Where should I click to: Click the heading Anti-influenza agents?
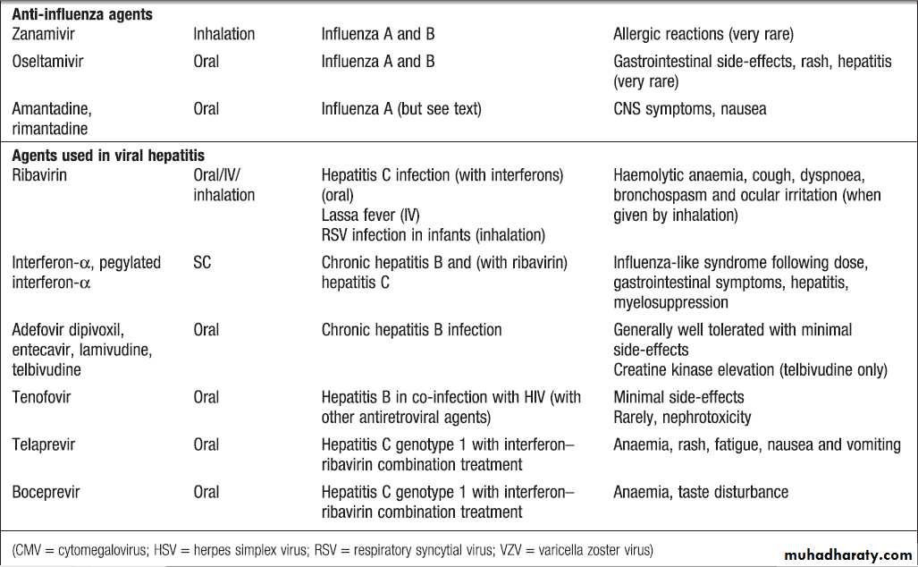[81, 14]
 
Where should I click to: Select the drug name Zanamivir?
[45, 34]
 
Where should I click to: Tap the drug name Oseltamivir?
[49, 62]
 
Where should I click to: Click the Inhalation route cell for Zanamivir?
[223, 34]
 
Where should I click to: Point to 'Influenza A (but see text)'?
[401, 109]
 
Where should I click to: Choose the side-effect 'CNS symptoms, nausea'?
[689, 109]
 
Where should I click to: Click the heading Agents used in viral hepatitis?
[108, 156]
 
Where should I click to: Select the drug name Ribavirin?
[39, 175]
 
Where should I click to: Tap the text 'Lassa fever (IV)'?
[370, 216]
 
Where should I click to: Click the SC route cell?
[202, 263]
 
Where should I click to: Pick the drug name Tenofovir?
[41, 397]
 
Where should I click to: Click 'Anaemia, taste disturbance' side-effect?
[701, 492]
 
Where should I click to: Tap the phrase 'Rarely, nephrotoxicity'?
[682, 417]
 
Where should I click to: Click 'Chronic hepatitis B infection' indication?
[411, 330]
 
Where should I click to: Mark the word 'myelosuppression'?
[670, 302]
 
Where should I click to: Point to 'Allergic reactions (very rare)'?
[703, 34]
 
